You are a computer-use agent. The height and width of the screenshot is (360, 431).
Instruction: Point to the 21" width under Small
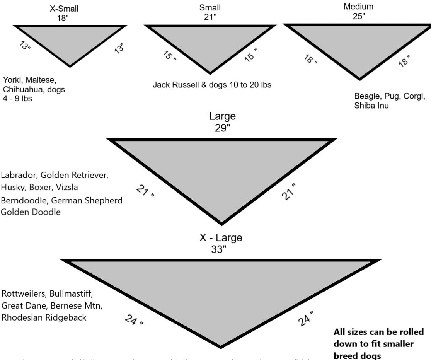[210, 17]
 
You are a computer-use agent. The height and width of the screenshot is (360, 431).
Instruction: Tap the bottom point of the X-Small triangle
[70, 66]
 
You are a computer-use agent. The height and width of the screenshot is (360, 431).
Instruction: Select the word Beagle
[366, 96]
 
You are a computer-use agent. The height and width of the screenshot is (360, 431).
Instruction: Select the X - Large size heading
[221, 238]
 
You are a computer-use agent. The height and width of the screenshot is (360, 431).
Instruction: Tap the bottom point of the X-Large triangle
[221, 346]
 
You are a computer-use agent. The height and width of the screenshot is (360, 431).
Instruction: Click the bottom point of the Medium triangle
[359, 79]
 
